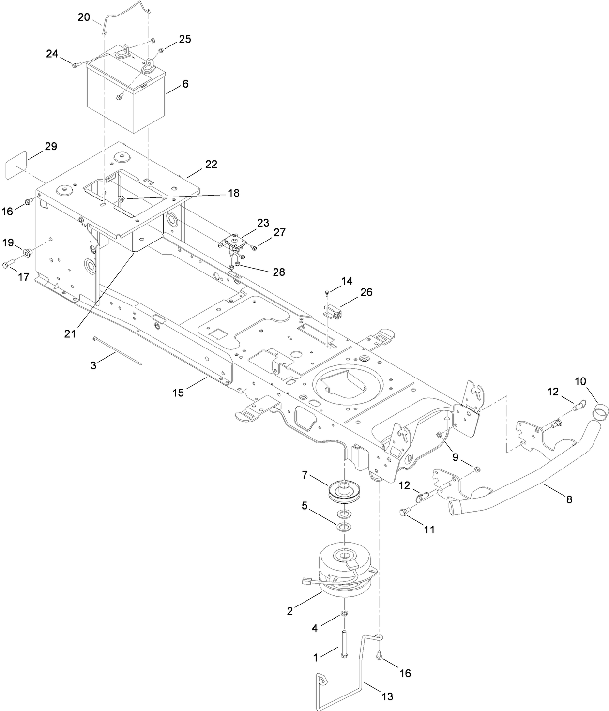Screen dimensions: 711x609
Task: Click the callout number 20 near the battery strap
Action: (x=84, y=17)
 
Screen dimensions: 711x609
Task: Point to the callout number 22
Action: (x=211, y=164)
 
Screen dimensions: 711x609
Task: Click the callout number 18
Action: (x=233, y=193)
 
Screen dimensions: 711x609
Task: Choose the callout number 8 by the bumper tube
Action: (x=569, y=499)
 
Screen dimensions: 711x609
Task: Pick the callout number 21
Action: (x=71, y=334)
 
